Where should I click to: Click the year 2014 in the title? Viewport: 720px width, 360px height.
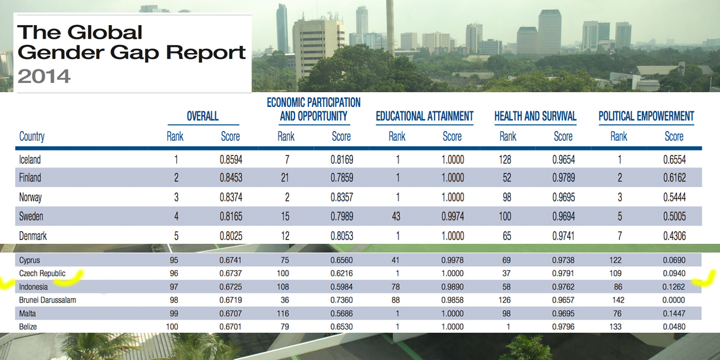coord(44,76)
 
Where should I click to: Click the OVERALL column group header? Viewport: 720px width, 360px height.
coord(202,116)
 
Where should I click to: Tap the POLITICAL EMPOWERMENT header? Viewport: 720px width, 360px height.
coord(646,116)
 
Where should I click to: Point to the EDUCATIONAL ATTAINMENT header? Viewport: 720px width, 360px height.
coord(424,116)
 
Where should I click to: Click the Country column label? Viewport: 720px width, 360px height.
coord(32,136)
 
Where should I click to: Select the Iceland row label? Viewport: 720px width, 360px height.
coord(30,160)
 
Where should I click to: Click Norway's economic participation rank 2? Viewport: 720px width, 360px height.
coord(286,197)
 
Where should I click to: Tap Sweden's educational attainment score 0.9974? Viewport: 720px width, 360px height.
coord(452,217)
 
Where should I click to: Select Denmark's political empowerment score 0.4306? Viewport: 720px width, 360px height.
coord(674,236)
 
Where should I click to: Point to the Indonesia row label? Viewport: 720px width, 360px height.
coord(33,286)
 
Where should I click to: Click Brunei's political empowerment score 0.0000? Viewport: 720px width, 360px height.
coord(674,299)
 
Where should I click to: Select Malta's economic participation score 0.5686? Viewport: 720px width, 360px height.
coord(341,313)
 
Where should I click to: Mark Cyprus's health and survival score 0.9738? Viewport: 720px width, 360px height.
coord(563,260)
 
